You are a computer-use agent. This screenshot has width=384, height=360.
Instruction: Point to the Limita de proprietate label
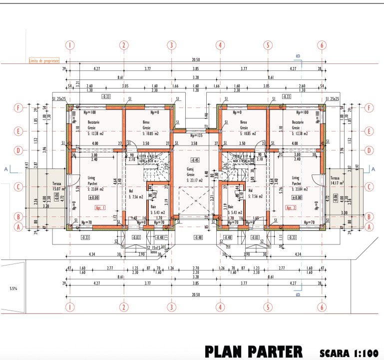[44, 60]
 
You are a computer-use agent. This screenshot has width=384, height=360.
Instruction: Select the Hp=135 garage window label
[195, 135]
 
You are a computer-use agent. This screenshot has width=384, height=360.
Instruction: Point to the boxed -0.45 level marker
[195, 160]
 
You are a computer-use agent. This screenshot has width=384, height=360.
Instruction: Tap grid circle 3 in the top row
[171, 45]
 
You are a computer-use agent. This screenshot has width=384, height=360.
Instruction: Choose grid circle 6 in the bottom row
[322, 304]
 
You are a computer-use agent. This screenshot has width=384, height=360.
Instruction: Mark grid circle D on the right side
[369, 150]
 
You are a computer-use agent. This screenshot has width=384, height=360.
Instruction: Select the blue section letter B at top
[298, 55]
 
